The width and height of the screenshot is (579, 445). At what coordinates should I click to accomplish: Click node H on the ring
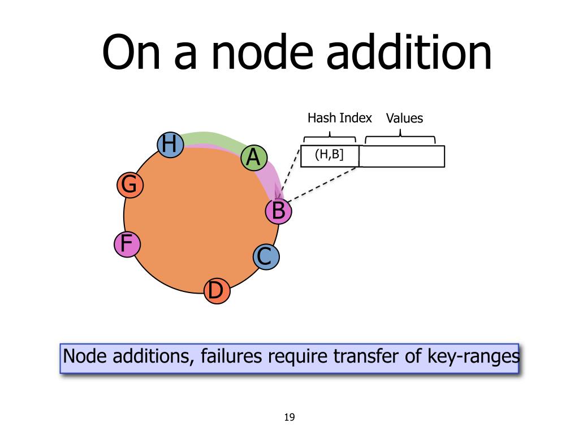[169, 145]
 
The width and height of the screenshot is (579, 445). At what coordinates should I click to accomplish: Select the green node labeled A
[254, 158]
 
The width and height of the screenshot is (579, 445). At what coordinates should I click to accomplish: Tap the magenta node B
[279, 212]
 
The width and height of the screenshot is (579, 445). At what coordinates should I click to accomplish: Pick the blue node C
[265, 258]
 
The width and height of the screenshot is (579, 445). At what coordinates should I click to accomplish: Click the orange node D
[217, 291]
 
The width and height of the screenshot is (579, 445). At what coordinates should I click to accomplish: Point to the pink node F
[127, 244]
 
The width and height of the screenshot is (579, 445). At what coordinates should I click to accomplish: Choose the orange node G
[130, 185]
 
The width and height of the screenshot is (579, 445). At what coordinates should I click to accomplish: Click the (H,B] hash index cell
[330, 156]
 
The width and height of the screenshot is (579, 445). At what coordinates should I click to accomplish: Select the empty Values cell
[401, 156]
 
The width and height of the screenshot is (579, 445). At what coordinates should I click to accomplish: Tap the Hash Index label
[339, 118]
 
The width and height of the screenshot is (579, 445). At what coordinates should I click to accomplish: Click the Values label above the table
[404, 119]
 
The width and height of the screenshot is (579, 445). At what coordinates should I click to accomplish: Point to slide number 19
[289, 418]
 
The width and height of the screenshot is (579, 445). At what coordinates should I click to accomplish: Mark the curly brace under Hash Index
[330, 138]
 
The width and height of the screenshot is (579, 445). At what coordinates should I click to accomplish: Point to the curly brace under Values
[400, 137]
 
